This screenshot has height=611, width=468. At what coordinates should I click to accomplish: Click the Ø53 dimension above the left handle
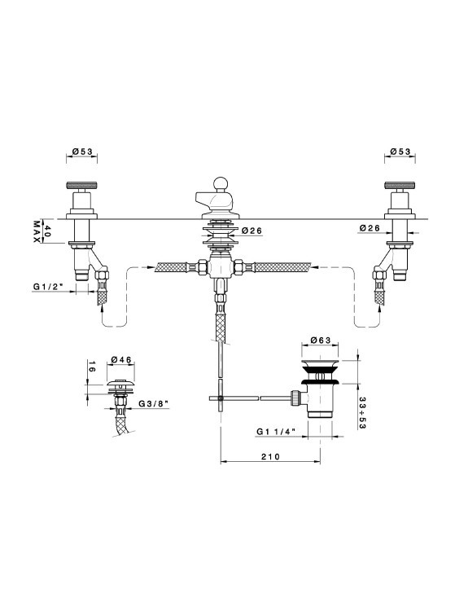click(x=82, y=152)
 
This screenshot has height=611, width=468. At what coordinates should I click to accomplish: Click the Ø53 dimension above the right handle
click(x=400, y=152)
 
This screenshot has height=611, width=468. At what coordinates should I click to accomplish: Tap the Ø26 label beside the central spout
click(x=252, y=231)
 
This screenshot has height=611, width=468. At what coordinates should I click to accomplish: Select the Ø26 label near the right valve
click(x=369, y=228)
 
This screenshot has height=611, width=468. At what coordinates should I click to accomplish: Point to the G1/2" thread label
click(x=48, y=288)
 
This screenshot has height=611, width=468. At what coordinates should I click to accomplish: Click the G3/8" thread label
click(x=153, y=403)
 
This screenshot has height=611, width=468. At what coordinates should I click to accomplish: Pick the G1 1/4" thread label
click(x=276, y=431)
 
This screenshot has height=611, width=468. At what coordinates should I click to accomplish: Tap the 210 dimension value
click(x=270, y=456)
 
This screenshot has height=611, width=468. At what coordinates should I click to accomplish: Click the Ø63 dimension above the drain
click(x=321, y=341)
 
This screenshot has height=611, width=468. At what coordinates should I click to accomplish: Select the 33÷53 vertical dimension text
click(x=361, y=413)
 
